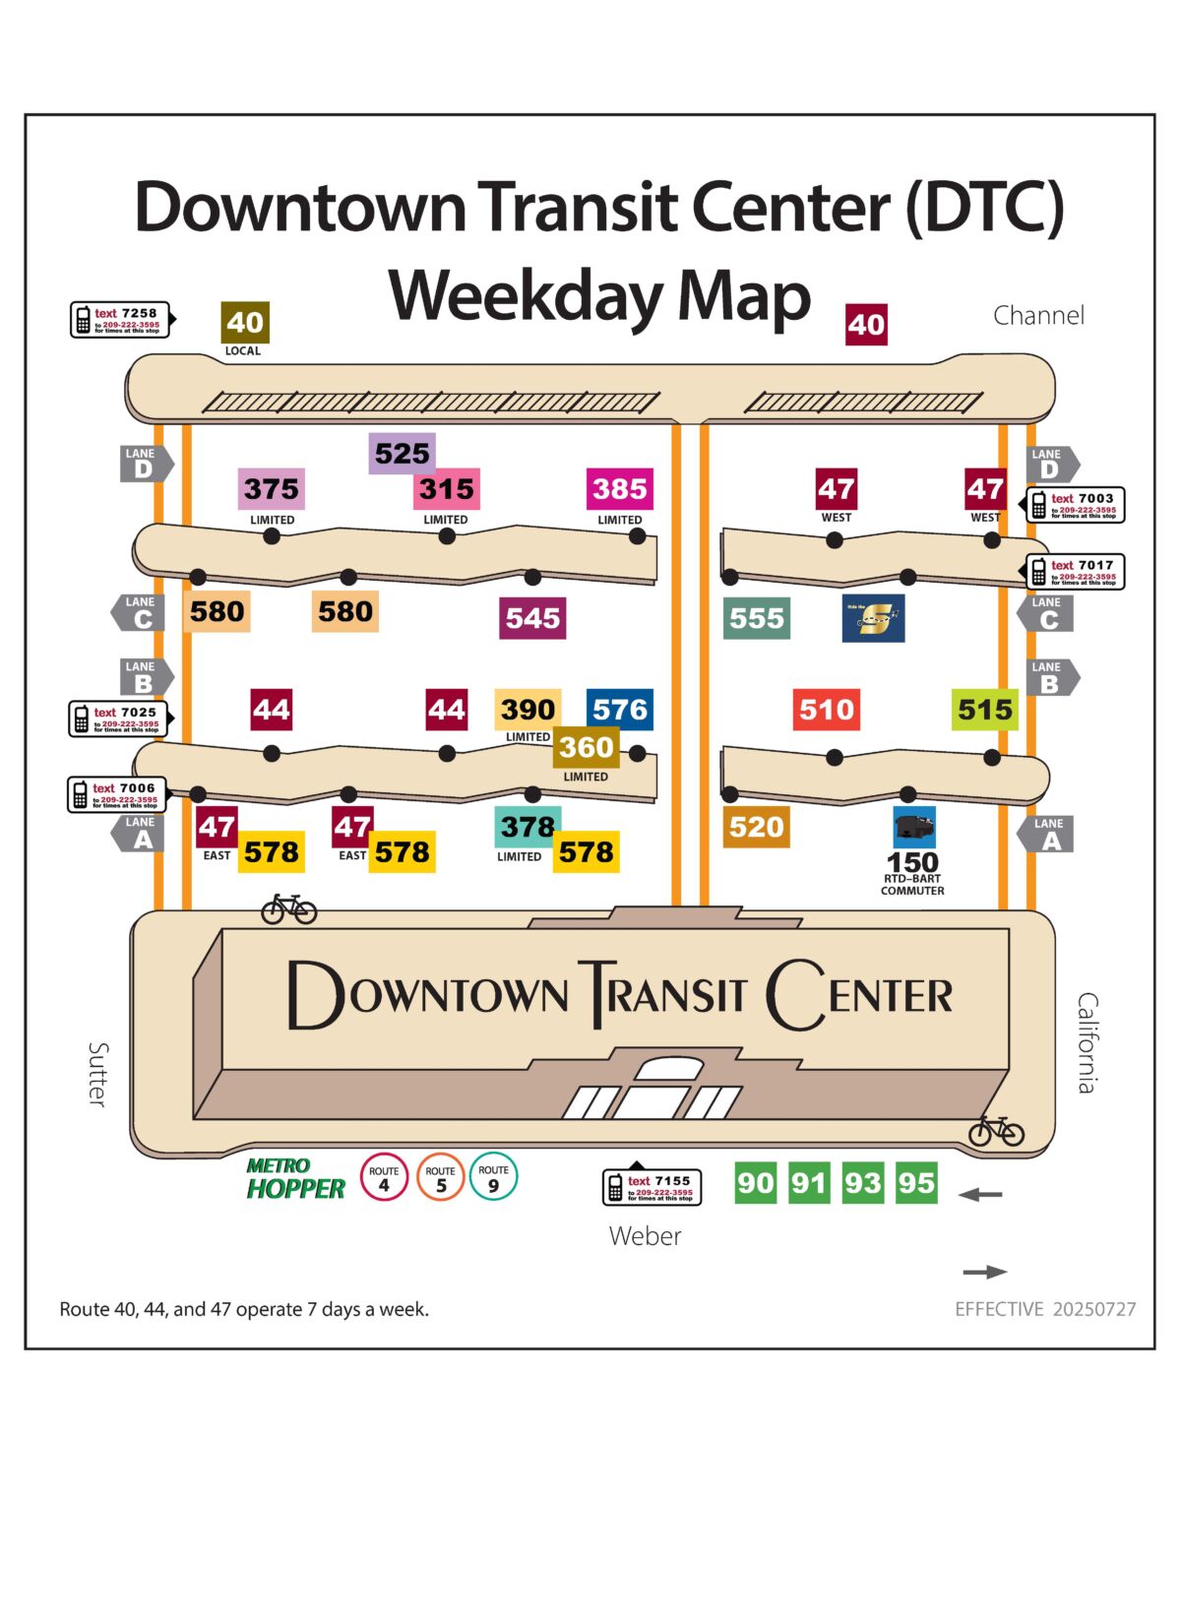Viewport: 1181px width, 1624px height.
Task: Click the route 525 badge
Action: [x=403, y=454]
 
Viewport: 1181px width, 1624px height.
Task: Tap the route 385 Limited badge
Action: [x=620, y=489]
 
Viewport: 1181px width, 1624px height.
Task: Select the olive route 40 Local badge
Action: [x=245, y=323]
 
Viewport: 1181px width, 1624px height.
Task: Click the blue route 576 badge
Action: [x=620, y=710]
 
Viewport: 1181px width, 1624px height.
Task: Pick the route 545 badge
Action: [x=532, y=618]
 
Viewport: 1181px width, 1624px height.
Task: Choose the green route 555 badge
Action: [x=757, y=618]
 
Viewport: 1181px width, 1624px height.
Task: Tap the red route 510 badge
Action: [x=827, y=710]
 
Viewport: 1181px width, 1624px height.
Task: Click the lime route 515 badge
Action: [x=985, y=710]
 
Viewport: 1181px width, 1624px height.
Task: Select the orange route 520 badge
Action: [x=756, y=827]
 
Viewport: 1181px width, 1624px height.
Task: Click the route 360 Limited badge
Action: [x=587, y=748]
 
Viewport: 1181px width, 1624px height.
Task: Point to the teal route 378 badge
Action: [x=528, y=827]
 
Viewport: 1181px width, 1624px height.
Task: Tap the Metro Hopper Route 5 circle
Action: [x=440, y=1177]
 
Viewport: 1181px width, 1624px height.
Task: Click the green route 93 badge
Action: [x=862, y=1183]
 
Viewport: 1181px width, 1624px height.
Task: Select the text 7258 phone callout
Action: [x=121, y=320]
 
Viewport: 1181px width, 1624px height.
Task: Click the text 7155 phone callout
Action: [x=652, y=1187]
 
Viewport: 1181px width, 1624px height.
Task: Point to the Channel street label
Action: [x=1038, y=315]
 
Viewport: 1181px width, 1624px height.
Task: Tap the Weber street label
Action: [x=645, y=1236]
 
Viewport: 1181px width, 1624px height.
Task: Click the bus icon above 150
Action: [x=914, y=828]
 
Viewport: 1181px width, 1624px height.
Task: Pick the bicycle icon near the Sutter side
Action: [x=288, y=908]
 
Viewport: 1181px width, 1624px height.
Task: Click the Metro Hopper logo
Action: [x=295, y=1178]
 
